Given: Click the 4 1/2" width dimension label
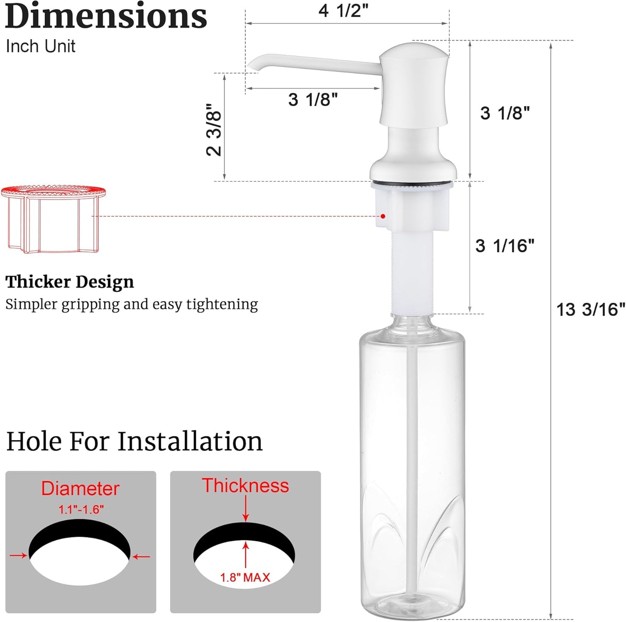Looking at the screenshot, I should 343,11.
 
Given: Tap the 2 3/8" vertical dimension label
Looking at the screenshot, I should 214,130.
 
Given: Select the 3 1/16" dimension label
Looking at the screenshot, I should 505,246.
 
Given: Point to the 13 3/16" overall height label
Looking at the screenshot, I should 590,310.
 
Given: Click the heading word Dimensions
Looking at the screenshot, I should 106,16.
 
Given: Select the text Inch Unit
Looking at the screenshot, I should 41,46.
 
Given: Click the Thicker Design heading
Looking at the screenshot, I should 70,282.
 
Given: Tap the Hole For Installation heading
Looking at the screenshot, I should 134,441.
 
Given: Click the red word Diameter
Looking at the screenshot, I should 80,489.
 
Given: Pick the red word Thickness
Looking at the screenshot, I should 245,486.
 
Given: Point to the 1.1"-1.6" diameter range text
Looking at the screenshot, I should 81,509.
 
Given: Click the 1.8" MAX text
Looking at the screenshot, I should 245,577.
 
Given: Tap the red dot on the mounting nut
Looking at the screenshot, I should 383,216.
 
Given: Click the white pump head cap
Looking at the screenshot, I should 414,82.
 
